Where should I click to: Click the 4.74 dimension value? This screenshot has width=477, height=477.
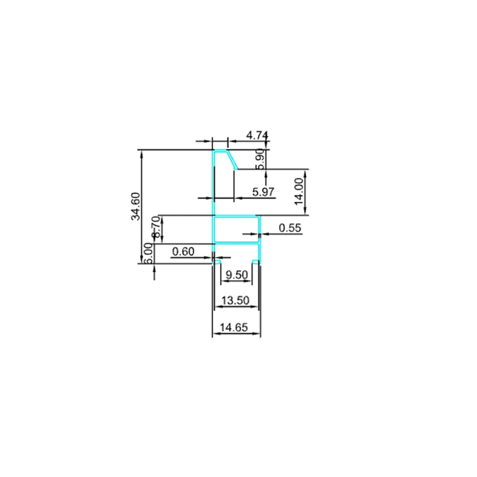(257, 135)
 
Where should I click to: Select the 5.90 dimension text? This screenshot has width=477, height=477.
(260, 159)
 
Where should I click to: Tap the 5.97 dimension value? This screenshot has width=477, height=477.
(263, 192)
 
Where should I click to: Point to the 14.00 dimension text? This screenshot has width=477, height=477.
(300, 191)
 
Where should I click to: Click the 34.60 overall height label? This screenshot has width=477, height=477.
(135, 206)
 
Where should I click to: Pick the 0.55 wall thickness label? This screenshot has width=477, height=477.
(290, 228)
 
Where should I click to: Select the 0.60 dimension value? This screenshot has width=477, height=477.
(183, 251)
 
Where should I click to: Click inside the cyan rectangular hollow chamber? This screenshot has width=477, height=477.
(236, 229)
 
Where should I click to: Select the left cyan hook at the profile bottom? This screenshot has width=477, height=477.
(218, 262)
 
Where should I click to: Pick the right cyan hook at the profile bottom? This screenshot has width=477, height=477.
(256, 262)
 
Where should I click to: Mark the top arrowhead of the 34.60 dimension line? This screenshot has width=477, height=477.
(141, 154)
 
